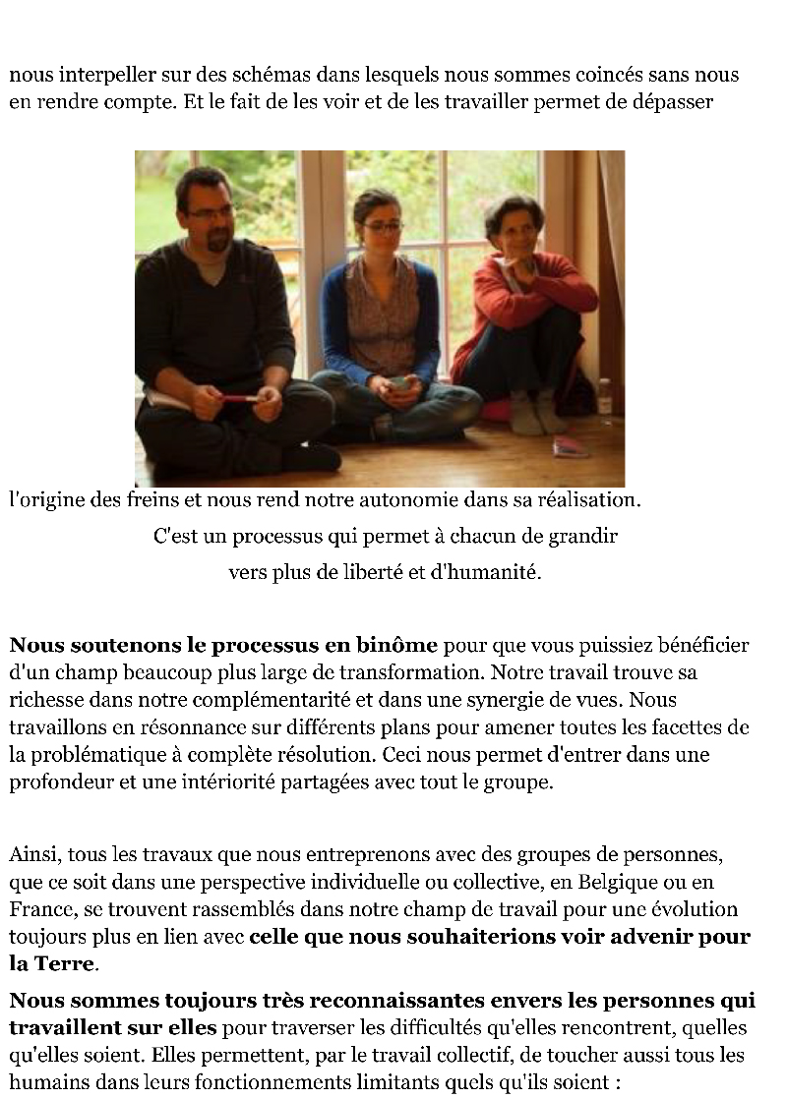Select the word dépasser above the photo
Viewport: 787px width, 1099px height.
[x=673, y=101]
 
